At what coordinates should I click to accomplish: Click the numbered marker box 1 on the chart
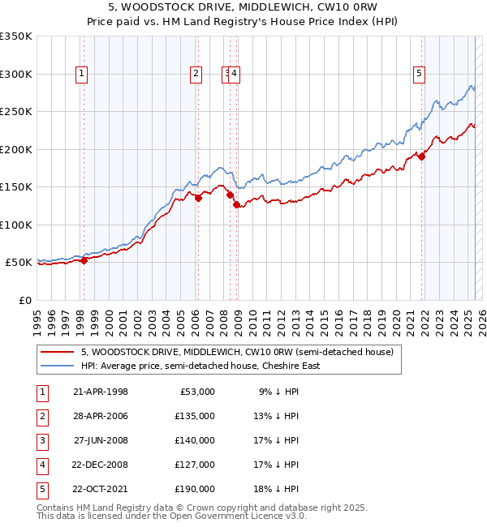83,74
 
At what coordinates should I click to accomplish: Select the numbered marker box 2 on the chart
196,74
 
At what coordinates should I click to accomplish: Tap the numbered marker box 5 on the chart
420,74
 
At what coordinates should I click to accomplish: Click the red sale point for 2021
422,157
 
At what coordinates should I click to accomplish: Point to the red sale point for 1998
84,260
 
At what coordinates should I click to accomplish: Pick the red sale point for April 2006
198,198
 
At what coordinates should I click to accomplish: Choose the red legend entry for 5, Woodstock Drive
237,352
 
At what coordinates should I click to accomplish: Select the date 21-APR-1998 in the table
100,392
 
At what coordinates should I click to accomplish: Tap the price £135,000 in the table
195,416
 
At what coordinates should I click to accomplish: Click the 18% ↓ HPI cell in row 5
278,489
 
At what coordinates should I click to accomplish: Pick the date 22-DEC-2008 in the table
100,465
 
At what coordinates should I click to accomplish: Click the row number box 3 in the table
41,440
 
